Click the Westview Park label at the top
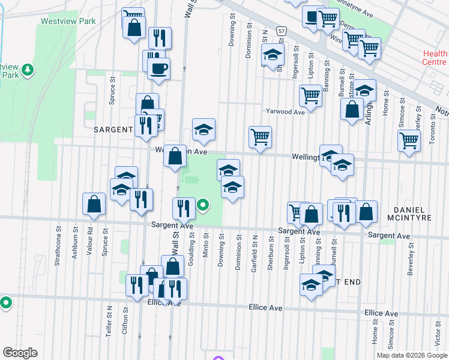pyautogui.click(x=68, y=21)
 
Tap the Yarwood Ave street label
pyautogui.click(x=286, y=111)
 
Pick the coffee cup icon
pyautogui.click(x=158, y=68)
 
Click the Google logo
pyautogui.click(x=20, y=353)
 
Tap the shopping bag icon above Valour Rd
pyautogui.click(x=95, y=203)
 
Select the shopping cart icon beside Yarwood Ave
pyautogui.click(x=310, y=95)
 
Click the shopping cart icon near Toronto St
pyautogui.click(x=409, y=140)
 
